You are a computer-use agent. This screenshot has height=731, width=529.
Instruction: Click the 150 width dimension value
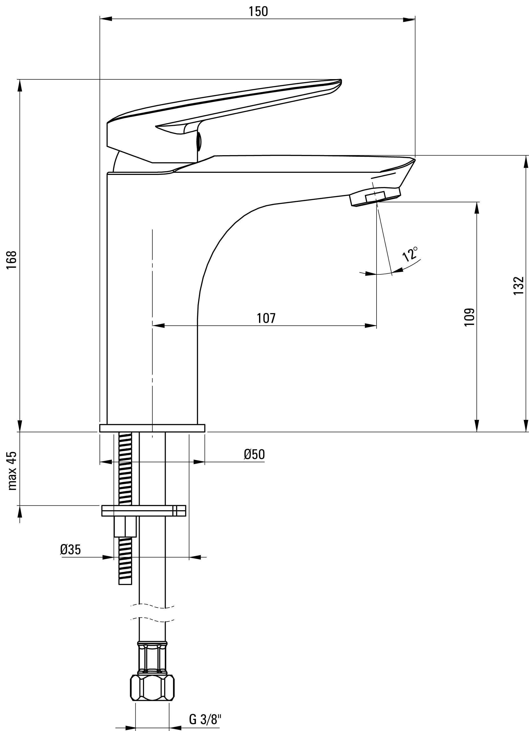[258, 11]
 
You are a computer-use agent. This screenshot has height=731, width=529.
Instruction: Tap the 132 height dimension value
[518, 285]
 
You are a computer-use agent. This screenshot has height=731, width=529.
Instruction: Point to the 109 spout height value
[469, 317]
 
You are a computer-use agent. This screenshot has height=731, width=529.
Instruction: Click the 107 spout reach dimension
[266, 318]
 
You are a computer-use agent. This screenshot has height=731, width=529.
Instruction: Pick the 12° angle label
[410, 254]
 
